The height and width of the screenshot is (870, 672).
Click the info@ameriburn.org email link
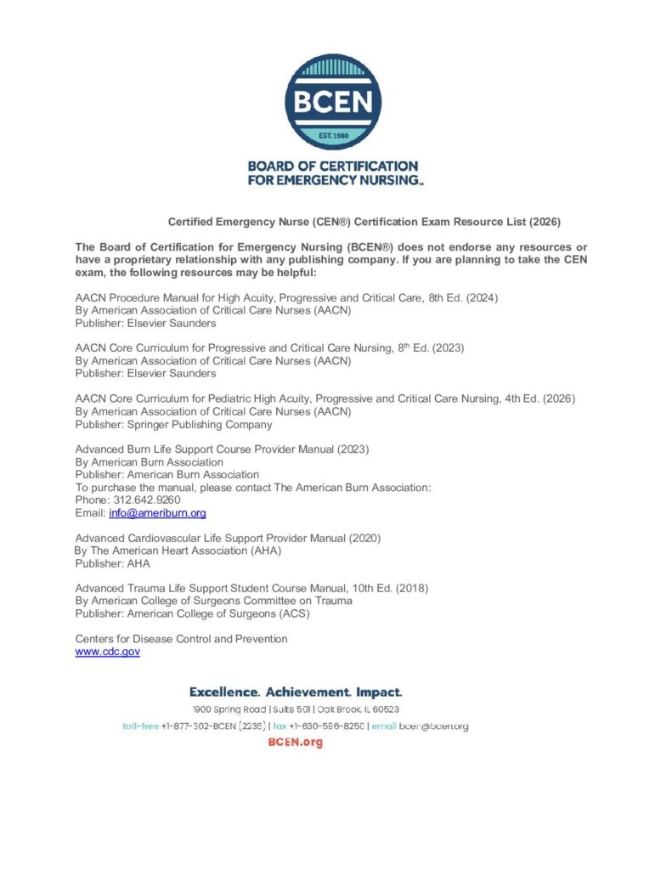click(157, 513)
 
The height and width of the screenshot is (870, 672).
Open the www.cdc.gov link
click(108, 652)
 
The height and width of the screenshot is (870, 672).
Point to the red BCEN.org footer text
click(295, 743)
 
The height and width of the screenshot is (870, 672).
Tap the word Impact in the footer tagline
click(379, 692)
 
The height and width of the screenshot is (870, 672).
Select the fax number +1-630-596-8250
click(327, 726)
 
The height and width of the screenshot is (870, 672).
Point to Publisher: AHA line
click(112, 563)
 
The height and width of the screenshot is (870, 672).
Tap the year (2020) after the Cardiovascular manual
click(364, 538)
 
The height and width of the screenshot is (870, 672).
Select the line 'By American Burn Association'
click(150, 462)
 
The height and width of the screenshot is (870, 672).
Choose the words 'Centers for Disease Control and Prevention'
click(181, 639)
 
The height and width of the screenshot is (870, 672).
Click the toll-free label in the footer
click(140, 726)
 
